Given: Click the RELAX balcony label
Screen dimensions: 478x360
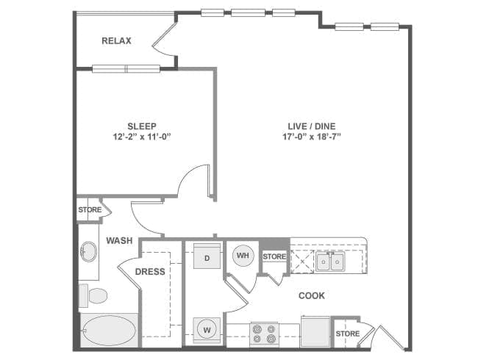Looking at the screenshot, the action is tap(116, 41).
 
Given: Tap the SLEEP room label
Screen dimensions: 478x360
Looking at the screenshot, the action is tap(142, 126).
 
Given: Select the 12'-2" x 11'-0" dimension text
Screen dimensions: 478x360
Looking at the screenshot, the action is tap(142, 137).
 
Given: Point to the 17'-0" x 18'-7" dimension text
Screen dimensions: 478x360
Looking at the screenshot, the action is tap(312, 137).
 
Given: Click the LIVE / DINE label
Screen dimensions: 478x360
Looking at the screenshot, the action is tap(312, 126).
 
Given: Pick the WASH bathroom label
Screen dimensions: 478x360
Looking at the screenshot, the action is tap(119, 240).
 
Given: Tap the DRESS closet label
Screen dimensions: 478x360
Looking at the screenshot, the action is tap(150, 271).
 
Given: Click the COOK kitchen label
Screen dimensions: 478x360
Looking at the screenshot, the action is tap(312, 295).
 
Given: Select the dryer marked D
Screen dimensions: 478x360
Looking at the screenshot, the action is tap(207, 256).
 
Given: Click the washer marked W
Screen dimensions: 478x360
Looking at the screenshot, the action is tap(207, 330).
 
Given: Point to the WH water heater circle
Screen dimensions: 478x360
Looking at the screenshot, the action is tap(243, 255).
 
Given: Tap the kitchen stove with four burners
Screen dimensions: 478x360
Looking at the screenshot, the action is tap(264, 334).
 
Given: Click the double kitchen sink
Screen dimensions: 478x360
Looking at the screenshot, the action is tap(330, 262).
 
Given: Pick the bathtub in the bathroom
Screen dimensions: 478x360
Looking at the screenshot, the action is tap(109, 331).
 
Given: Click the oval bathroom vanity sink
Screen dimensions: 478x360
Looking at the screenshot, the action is tap(88, 251).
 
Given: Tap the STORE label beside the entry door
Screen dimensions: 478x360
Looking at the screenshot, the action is tap(348, 334).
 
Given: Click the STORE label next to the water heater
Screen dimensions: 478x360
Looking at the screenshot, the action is tap(274, 256).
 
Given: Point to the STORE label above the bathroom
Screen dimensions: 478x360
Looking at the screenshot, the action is tap(90, 210).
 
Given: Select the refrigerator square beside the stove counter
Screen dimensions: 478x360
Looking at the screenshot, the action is tap(315, 331).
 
